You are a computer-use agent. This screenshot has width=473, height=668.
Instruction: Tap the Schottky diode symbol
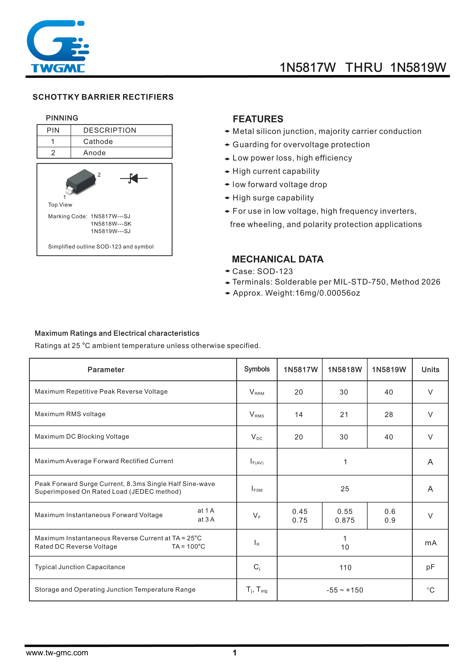pos(134,178)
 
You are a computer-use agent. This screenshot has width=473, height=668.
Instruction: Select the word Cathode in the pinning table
pos(98,142)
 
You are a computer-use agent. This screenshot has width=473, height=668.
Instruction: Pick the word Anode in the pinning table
pos(94,153)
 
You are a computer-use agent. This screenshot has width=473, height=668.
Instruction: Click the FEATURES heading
pos(258,119)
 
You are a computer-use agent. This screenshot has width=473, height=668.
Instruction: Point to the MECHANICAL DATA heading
pos(278,259)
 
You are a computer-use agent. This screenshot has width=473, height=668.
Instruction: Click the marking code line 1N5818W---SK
pos(111,224)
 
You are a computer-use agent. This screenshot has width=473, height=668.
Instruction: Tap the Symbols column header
pos(257,369)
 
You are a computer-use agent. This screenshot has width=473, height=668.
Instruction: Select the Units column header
pos(430,370)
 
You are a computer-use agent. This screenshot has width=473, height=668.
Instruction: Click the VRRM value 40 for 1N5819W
pos(389,392)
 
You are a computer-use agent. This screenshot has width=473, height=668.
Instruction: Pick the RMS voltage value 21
pos(344,415)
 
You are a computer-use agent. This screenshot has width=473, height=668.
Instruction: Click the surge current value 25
pos(345,489)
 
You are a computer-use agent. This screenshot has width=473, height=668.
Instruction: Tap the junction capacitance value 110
pos(345,568)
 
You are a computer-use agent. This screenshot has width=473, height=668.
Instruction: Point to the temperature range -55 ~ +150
pos(345,590)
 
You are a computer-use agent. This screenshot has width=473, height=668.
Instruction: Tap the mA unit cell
pos(430,543)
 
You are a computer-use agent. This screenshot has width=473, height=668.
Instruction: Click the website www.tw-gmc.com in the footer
pos(57,653)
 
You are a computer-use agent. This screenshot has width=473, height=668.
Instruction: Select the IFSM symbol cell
pos(257,489)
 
